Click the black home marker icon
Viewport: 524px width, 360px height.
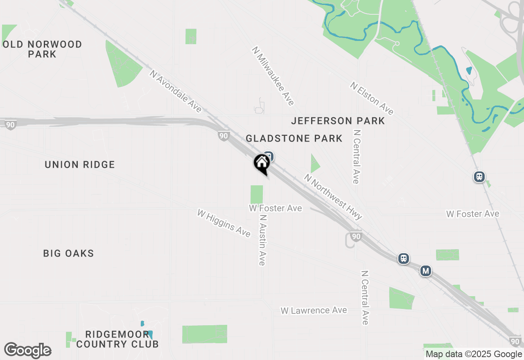pos(262,163)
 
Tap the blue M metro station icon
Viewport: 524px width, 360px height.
pos(426,271)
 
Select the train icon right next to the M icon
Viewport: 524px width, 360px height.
pos(404,259)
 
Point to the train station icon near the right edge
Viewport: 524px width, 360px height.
pos(479,177)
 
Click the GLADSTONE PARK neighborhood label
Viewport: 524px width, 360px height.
pos(294,139)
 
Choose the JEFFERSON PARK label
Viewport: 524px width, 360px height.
pos(338,121)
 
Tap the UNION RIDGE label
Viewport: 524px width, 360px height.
pos(80,165)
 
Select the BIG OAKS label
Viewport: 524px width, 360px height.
pos(69,254)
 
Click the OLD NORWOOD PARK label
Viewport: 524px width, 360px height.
pos(43,49)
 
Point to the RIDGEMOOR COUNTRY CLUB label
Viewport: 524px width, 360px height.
pos(117,340)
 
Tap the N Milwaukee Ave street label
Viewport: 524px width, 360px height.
pos(273,76)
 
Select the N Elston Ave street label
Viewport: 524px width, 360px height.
pos(372,98)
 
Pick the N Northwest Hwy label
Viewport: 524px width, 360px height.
pos(333,197)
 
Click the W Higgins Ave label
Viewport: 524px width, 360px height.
pos(224,223)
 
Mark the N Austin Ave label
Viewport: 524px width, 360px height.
pos(262,240)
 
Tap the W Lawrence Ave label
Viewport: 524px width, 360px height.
pos(314,310)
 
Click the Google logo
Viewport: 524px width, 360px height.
pos(28,350)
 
